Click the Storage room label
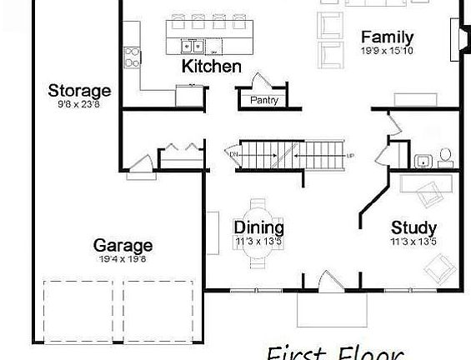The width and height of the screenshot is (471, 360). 79,91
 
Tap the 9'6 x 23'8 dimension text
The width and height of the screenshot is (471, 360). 79,105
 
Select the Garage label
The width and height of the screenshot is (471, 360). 123,245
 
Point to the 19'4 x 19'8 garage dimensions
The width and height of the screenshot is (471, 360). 123,259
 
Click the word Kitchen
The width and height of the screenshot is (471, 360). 212,67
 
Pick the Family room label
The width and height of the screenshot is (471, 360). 387,37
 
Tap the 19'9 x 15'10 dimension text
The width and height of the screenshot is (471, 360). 387,52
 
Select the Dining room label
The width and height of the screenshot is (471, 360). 258,227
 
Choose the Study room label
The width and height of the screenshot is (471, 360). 414,227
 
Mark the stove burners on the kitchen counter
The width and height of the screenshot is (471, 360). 132,57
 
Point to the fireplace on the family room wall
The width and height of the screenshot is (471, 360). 455,37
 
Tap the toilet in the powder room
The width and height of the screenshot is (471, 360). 445,156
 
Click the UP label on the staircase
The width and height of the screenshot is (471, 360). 349,155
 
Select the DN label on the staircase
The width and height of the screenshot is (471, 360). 233,153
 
